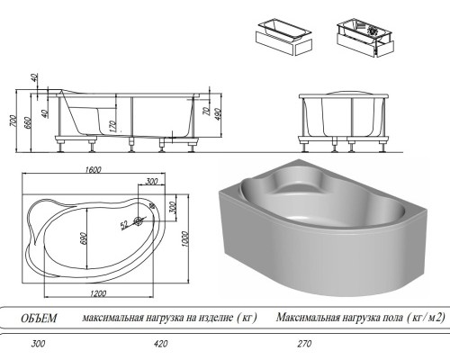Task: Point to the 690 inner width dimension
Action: [x=83, y=235]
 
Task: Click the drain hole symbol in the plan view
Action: [x=139, y=220]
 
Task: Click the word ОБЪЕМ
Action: [x=39, y=318]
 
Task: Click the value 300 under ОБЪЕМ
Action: [x=37, y=343]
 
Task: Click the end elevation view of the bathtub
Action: [x=346, y=117]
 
